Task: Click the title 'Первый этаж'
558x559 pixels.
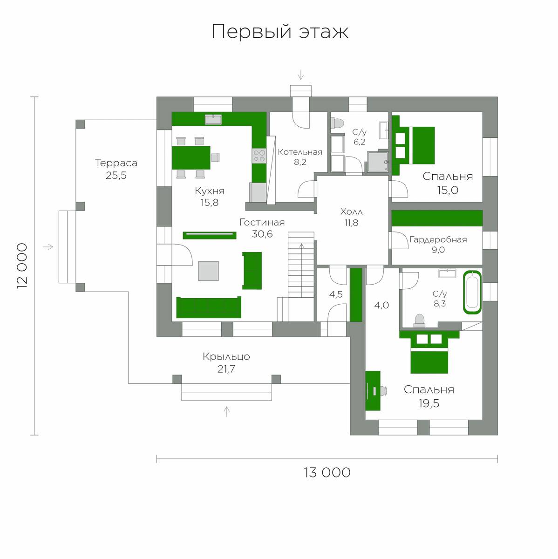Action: coord(280,32)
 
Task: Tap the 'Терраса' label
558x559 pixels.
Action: coord(116,163)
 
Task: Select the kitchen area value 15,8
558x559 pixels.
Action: coord(210,203)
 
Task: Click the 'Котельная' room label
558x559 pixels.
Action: coord(300,152)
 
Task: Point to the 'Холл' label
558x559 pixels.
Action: coord(351,212)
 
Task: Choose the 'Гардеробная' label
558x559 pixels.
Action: coord(438,239)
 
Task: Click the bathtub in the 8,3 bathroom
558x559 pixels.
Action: coord(472,292)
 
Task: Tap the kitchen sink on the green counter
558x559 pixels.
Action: coord(213,119)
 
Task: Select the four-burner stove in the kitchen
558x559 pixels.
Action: coord(259,156)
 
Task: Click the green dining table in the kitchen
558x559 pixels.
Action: coord(191,157)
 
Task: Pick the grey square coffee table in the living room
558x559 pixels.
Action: coord(208,271)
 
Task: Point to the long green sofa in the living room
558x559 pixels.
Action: coord(209,307)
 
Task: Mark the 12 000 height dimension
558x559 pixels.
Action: coord(22,266)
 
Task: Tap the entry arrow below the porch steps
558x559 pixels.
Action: coord(227,412)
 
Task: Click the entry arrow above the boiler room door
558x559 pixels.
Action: coord(301,75)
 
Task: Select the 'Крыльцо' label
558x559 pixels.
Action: coord(226,356)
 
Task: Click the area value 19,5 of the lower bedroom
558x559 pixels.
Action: coord(429,403)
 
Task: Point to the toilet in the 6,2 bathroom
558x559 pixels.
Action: coord(337,123)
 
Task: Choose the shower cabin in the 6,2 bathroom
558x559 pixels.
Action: coord(378,162)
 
